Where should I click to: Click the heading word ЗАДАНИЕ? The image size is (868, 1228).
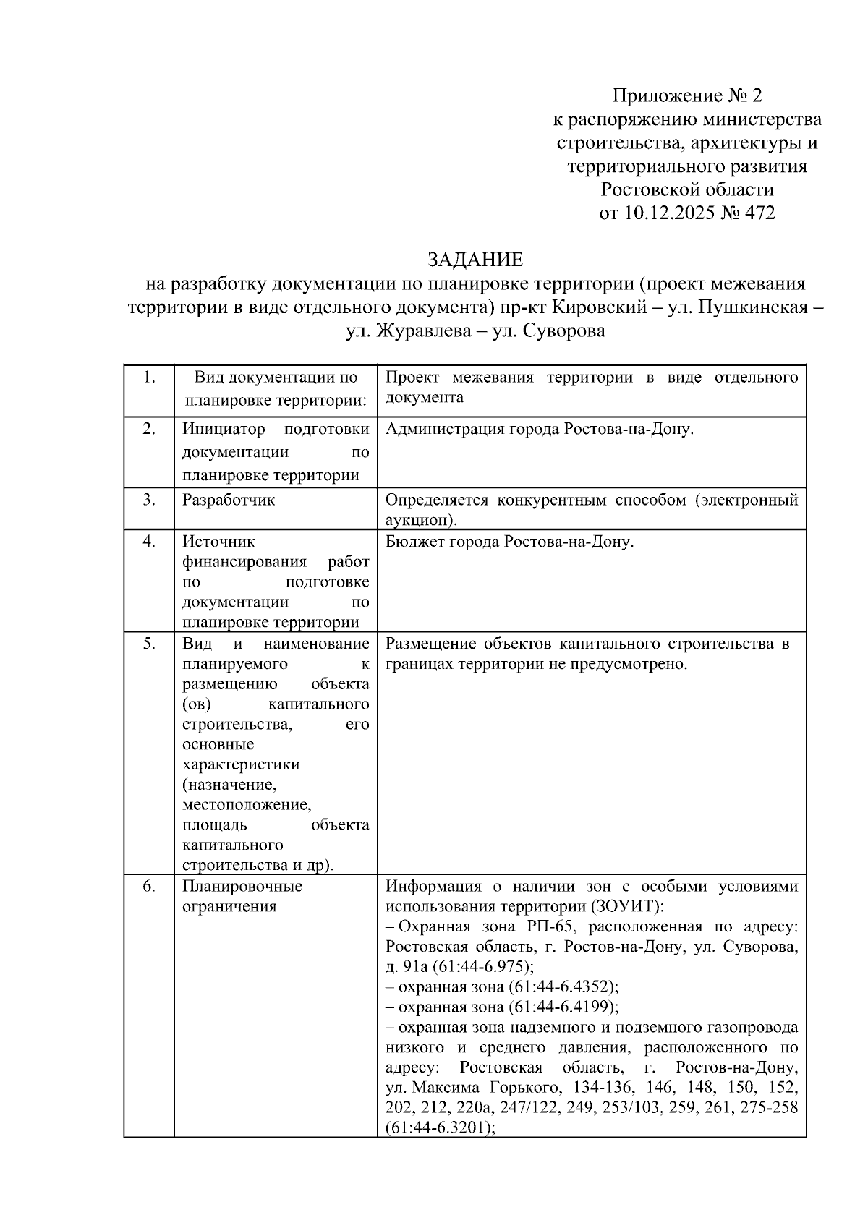pyautogui.click(x=475, y=260)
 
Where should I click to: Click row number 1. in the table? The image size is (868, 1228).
pyautogui.click(x=148, y=378)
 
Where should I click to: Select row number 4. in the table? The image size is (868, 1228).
pyautogui.click(x=148, y=542)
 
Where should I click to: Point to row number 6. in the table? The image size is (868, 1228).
pyautogui.click(x=148, y=887)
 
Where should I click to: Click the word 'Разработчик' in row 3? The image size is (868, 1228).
pyautogui.click(x=229, y=500)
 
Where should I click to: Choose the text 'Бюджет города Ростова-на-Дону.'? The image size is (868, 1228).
pyautogui.click(x=509, y=542)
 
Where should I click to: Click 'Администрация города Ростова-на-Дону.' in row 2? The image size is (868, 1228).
pyautogui.click(x=540, y=430)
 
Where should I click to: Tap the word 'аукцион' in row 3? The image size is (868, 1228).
pyautogui.click(x=415, y=520)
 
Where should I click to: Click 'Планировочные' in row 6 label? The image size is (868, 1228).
pyautogui.click(x=242, y=887)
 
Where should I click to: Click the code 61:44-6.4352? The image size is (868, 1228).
pyautogui.click(x=561, y=987)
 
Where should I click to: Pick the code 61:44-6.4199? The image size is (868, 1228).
pyautogui.click(x=561, y=1007)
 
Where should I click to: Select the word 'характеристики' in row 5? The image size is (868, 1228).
pyautogui.click(x=241, y=764)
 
